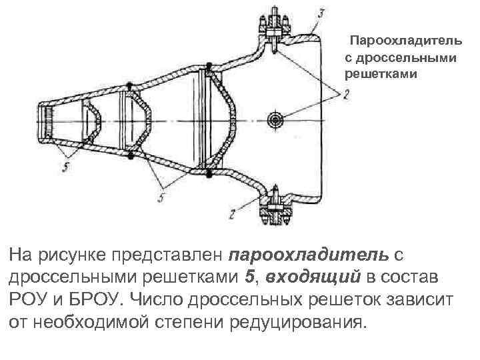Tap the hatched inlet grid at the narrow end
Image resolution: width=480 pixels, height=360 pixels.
point(49,123)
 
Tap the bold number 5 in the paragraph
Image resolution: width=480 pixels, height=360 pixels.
point(248,277)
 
